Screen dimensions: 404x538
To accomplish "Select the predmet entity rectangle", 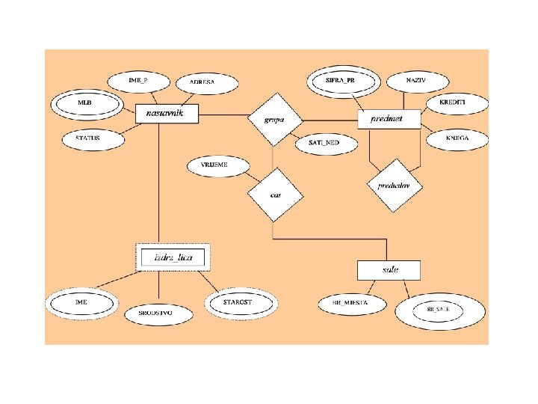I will (x=389, y=118).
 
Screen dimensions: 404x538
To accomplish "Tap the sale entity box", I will (x=389, y=269).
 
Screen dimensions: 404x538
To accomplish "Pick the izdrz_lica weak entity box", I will (x=173, y=257).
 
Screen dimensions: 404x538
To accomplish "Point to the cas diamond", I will (x=276, y=195).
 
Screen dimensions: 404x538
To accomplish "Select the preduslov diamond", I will (x=395, y=185).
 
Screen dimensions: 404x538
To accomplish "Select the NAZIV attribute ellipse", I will (x=416, y=79).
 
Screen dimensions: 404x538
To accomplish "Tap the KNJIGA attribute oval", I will (x=457, y=138).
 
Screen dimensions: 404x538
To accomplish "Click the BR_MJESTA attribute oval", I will (x=350, y=304).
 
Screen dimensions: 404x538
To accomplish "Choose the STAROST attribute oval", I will (x=241, y=302).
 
